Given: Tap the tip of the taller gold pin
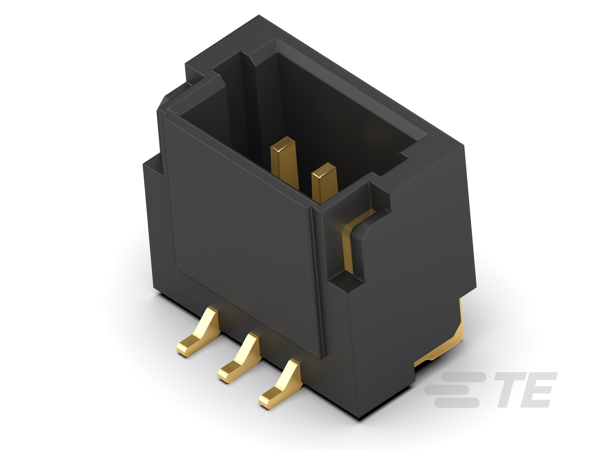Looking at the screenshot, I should pos(283,144).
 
